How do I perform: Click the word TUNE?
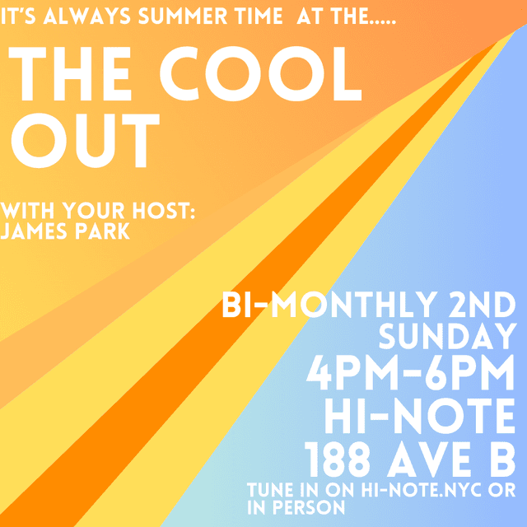click(268, 492)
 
